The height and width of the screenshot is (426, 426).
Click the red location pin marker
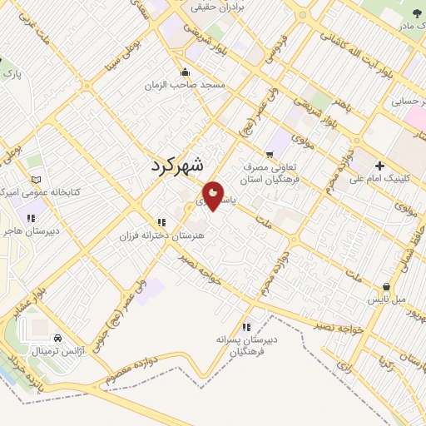(214, 196)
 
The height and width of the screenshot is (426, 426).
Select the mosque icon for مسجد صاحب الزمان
(186, 72)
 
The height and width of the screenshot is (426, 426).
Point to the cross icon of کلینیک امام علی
(379, 164)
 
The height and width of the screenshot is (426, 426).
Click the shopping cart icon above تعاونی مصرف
(269, 154)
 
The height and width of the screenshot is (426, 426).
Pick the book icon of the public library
(34, 179)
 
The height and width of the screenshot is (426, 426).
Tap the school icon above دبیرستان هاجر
(31, 218)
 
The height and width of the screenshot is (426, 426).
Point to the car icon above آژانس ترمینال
(57, 339)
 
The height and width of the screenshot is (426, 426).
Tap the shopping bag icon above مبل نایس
(385, 285)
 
